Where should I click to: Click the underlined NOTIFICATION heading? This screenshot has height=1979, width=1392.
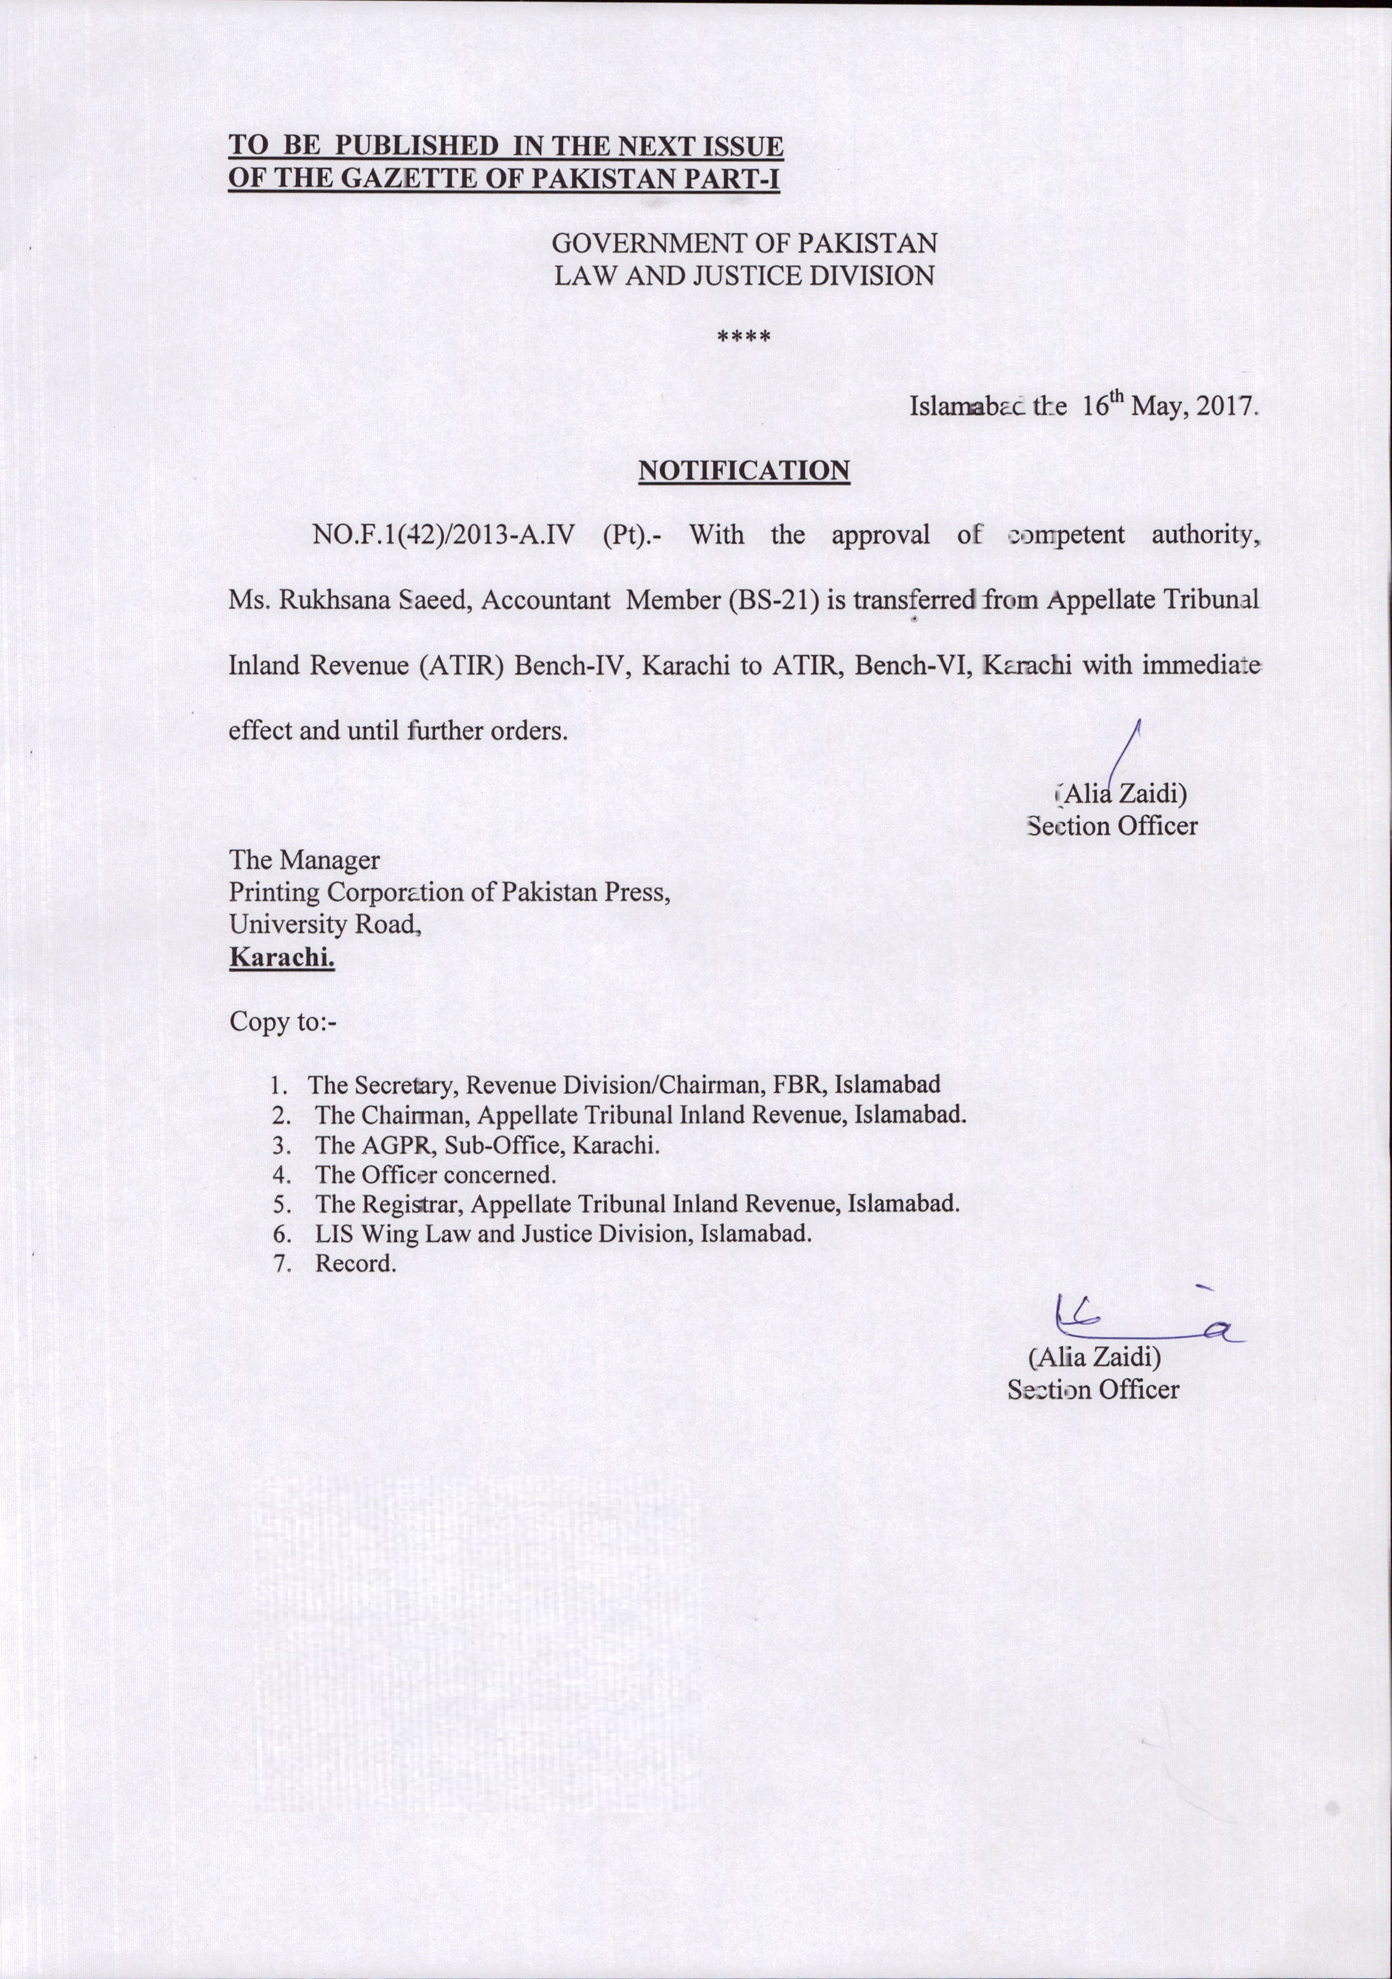coord(744,471)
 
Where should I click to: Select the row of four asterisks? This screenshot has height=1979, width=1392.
coord(744,337)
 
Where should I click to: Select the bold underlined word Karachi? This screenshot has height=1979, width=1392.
coord(281,957)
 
